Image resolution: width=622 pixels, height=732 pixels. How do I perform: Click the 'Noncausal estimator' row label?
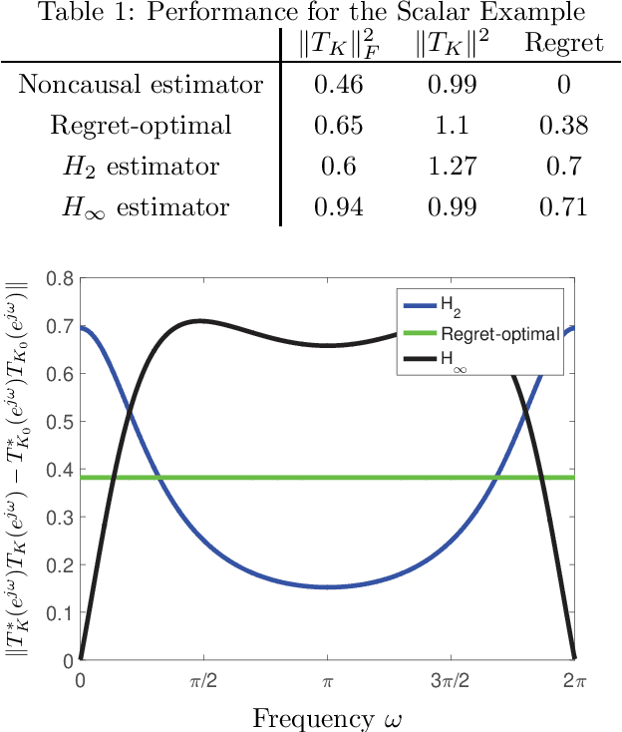point(141,85)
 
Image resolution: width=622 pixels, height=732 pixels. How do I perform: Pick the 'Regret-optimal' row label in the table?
point(141,126)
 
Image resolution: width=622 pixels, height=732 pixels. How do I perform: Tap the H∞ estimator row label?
point(141,207)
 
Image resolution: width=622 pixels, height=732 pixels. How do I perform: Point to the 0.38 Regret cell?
point(563,126)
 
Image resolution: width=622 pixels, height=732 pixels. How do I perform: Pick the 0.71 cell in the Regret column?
point(563,207)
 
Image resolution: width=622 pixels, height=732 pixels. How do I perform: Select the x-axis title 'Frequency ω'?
point(326,717)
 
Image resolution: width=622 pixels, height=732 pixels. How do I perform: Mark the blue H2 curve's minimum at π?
point(327,586)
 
